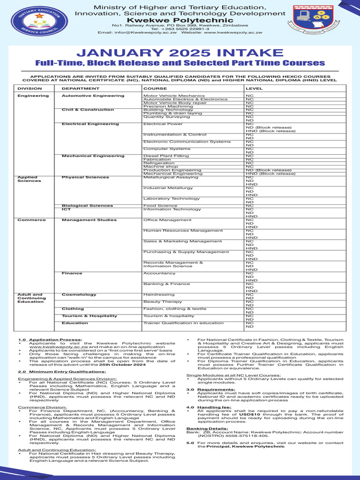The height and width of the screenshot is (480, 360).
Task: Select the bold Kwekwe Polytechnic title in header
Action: coord(180,20)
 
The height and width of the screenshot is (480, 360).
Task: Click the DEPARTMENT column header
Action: coord(77,88)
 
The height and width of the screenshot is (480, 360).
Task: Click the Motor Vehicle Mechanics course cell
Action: coord(167,96)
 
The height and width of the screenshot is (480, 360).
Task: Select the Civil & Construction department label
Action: coord(88,110)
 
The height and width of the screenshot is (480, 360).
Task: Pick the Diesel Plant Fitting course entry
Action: coord(166,156)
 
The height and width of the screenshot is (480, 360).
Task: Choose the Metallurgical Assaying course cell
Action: coord(171,177)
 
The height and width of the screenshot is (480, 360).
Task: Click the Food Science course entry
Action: coord(160,205)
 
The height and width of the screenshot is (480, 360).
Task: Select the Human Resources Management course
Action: coord(176,231)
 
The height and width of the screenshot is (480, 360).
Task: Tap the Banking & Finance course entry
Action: coord(166,284)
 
